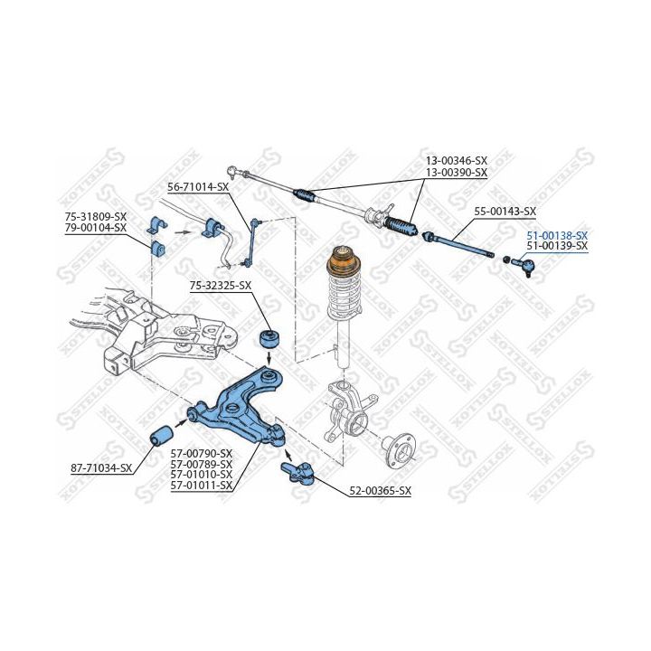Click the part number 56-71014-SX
point(198,187)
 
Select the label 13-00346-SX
point(457,160)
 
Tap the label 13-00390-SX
point(457,172)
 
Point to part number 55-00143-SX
point(505,212)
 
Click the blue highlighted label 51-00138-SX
point(557,236)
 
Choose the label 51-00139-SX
point(557,246)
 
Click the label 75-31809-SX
point(96,217)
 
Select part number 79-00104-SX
point(96,228)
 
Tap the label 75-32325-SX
point(221,286)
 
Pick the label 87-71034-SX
point(101,468)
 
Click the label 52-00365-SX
point(381,491)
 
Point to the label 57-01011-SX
point(202,486)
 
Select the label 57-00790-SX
point(202,453)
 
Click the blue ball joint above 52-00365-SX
point(298,472)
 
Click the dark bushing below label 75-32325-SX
point(269,339)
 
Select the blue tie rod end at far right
point(523,264)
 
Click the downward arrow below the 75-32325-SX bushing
point(269,356)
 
